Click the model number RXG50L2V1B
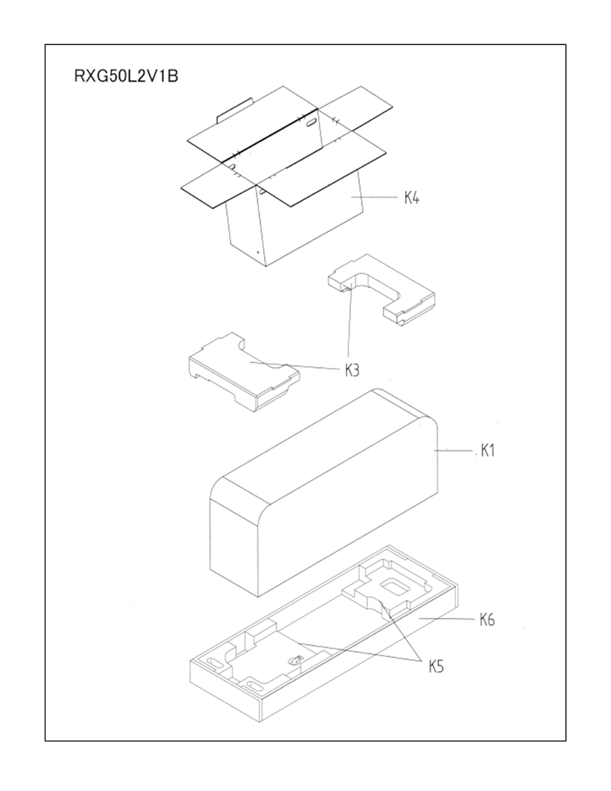click(126, 77)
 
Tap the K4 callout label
click(412, 198)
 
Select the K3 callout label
click(352, 371)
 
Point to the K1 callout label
click(488, 451)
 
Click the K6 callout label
click(487, 620)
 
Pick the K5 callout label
click(436, 666)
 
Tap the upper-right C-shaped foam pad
click(383, 288)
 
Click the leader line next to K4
click(374, 197)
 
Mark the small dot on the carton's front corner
click(258, 252)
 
